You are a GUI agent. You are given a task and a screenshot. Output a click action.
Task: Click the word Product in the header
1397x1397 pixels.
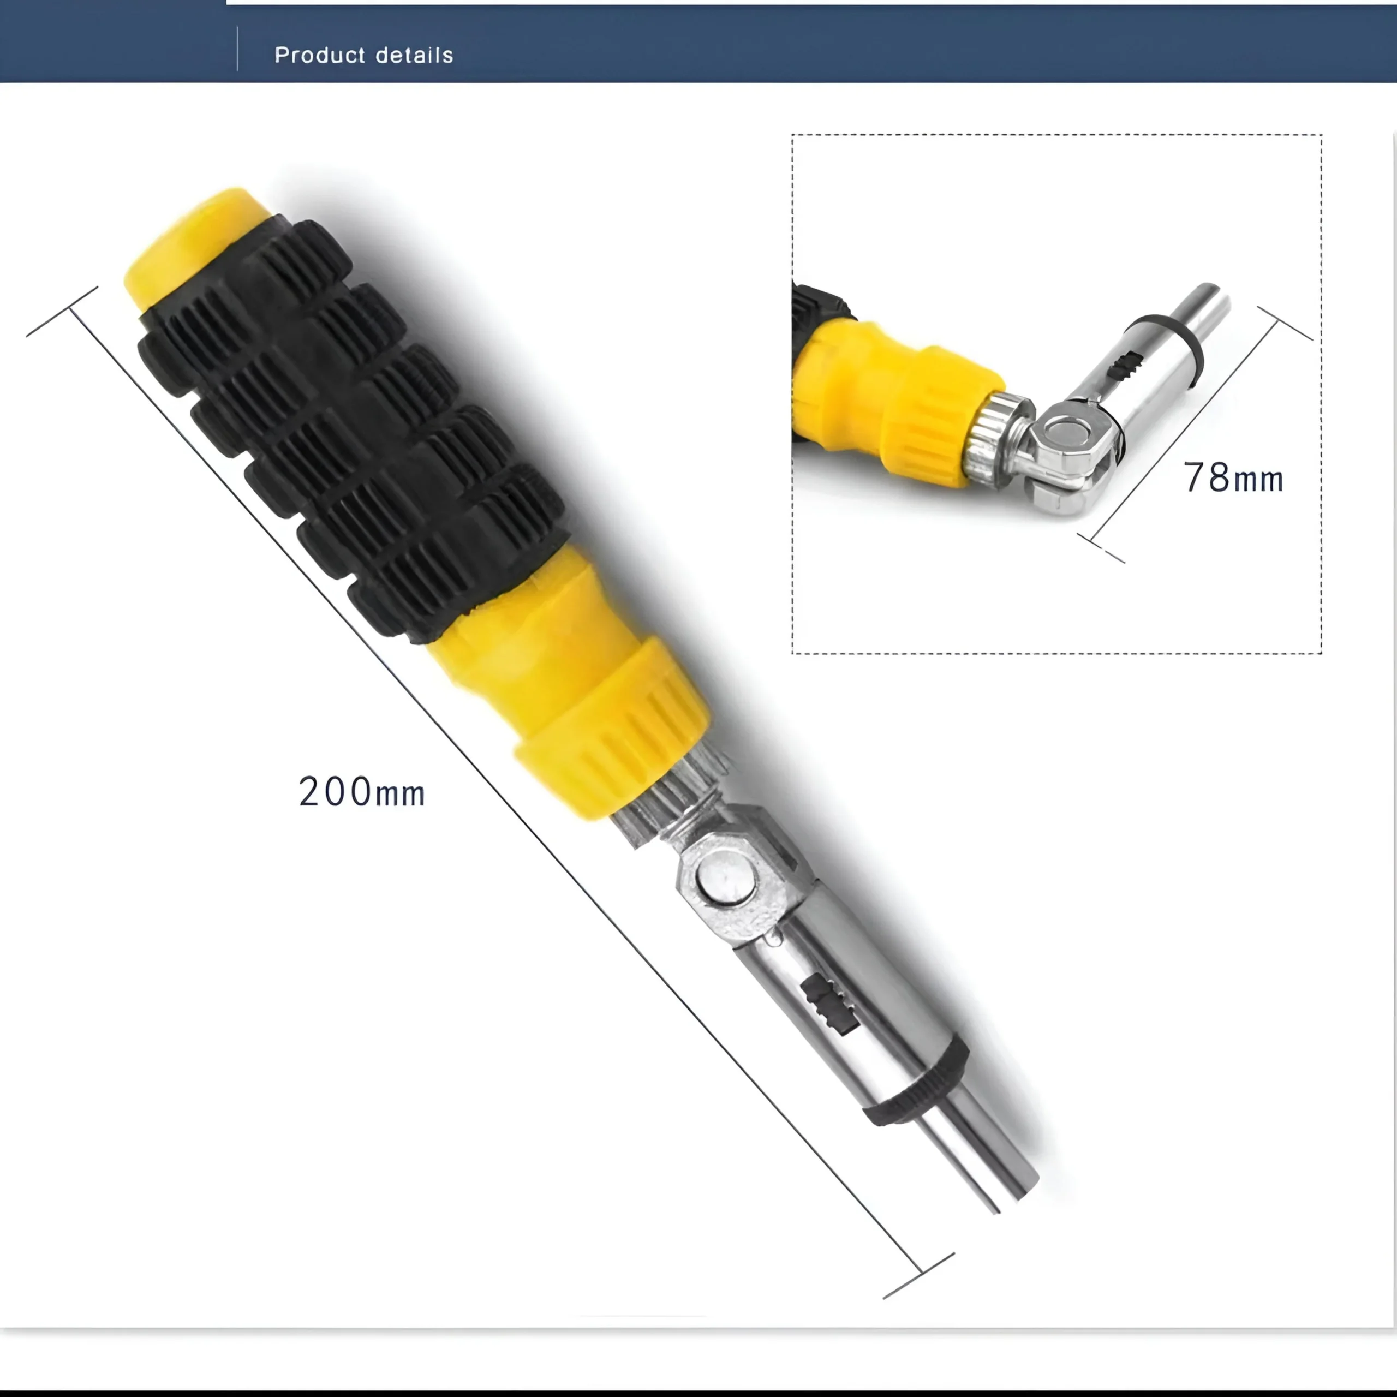click(320, 55)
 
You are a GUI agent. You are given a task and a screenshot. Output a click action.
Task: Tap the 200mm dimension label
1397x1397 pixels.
click(362, 791)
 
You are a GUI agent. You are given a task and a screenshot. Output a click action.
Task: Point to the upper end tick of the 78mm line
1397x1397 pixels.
click(1285, 323)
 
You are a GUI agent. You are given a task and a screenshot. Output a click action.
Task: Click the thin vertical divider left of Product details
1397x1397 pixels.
click(237, 49)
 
